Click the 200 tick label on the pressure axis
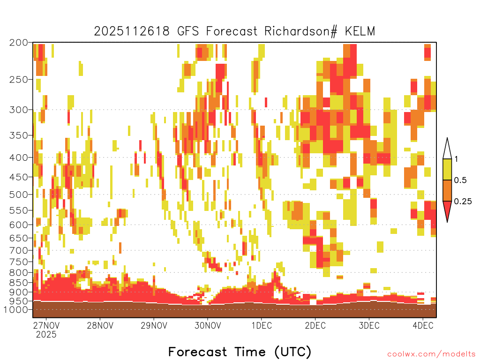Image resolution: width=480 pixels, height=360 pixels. (19, 43)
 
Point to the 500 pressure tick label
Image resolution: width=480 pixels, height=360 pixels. (19, 195)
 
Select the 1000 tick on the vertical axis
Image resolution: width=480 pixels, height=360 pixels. (16, 310)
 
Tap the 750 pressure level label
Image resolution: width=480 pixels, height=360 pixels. (19, 262)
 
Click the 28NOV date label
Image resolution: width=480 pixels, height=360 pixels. (100, 325)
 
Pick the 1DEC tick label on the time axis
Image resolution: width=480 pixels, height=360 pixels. (262, 325)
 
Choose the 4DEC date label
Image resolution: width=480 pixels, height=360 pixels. (423, 325)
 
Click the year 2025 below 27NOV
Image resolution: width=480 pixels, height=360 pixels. (46, 335)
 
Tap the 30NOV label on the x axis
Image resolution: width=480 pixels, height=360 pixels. (208, 325)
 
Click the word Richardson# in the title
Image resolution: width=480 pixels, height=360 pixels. (301, 31)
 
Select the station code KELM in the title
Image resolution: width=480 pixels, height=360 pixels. (360, 31)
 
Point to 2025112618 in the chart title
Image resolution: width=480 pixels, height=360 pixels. (132, 31)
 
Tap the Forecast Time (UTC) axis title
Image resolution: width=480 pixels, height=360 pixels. (240, 352)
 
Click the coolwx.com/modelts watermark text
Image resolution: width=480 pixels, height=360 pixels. (431, 354)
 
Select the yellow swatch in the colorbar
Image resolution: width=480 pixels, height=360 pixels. (447, 169)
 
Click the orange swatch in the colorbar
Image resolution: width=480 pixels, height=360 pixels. (447, 190)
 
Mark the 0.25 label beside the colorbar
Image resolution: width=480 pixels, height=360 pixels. (463, 202)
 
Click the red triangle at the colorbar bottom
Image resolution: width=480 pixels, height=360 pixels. (447, 210)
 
